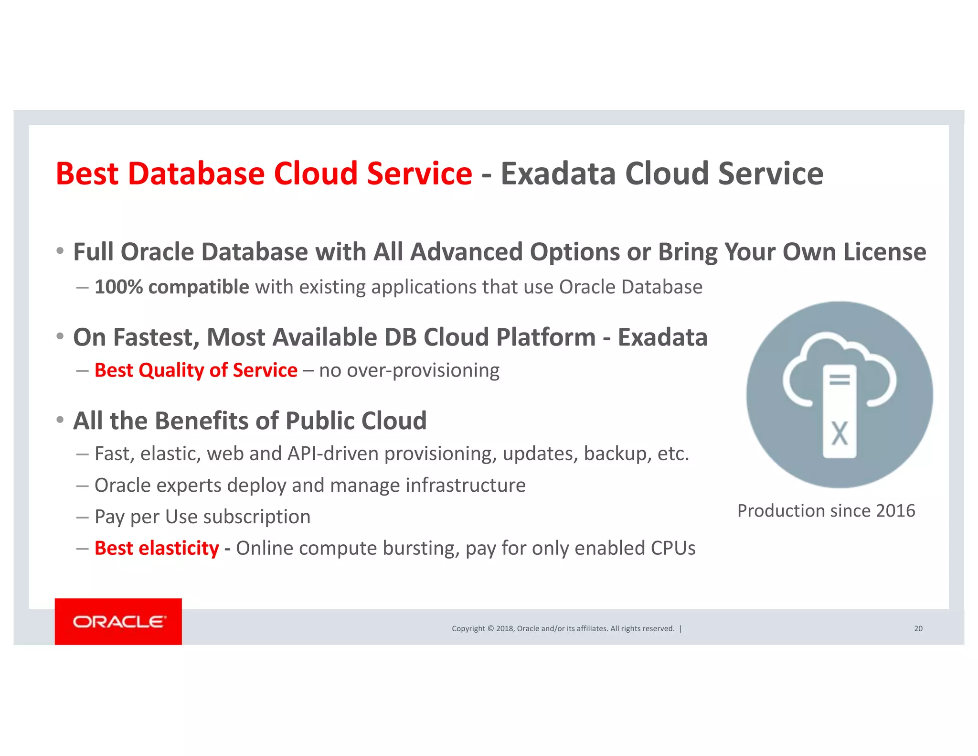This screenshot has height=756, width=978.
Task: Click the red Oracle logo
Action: click(x=118, y=621)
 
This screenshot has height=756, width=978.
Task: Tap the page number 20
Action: click(x=918, y=628)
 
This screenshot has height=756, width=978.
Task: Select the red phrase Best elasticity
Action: click(x=157, y=548)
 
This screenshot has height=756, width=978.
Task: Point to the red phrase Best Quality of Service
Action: click(x=196, y=370)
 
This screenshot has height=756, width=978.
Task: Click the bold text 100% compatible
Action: click(x=172, y=287)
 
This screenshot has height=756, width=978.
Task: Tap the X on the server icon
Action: click(x=839, y=433)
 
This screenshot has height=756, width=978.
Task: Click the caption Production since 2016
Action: click(x=826, y=511)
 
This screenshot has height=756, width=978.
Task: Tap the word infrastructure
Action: click(x=466, y=486)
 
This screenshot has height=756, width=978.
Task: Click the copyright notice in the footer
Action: click(x=563, y=628)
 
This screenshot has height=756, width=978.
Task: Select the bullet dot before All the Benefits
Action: click(x=60, y=420)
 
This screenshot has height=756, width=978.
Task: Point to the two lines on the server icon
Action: click(x=839, y=380)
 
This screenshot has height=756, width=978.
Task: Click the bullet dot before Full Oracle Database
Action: click(x=60, y=251)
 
